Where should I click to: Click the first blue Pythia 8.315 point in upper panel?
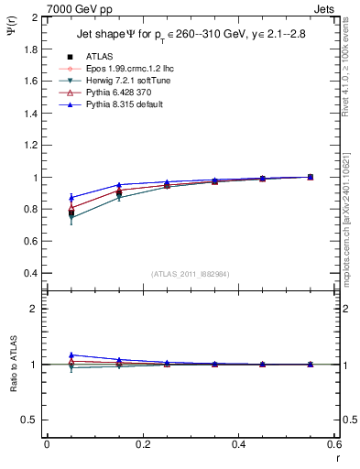tap(71, 197)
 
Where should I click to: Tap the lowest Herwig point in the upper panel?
tap(71, 219)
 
